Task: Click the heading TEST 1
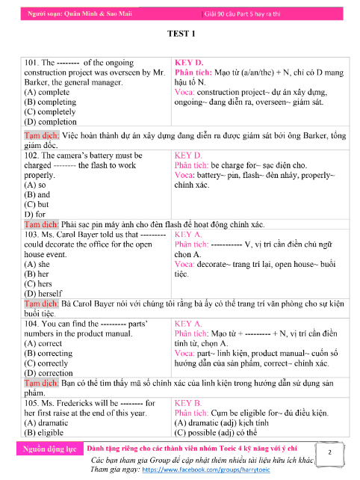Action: pos(182,34)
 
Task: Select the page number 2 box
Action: pos(329,453)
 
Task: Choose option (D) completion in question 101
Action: pos(50,121)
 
